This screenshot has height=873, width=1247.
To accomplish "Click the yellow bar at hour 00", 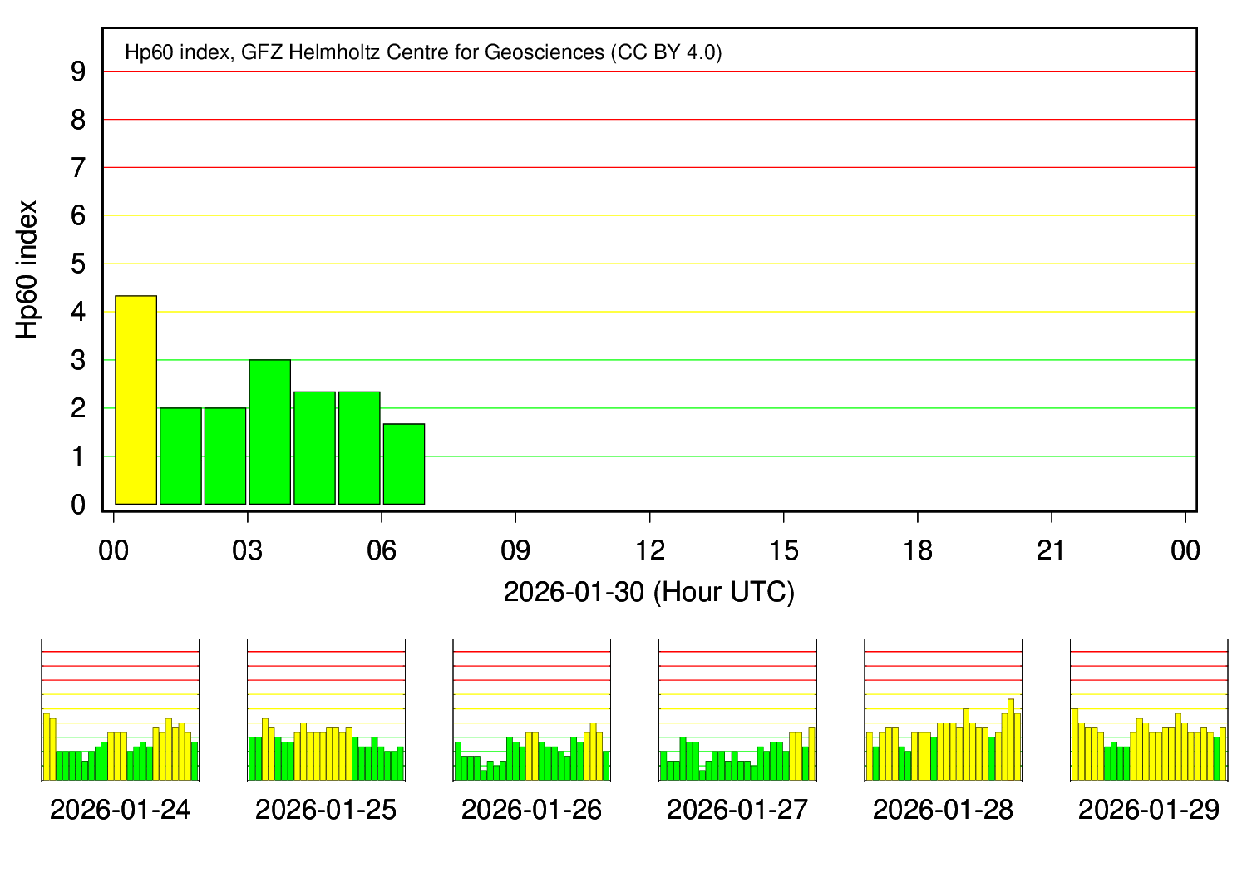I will click(x=136, y=400).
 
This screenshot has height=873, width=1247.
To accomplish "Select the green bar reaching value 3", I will click(x=270, y=432).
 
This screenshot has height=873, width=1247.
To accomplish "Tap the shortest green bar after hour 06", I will click(x=404, y=464).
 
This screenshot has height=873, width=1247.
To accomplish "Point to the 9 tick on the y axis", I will click(x=79, y=72).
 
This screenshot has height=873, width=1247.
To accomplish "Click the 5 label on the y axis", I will click(x=79, y=264).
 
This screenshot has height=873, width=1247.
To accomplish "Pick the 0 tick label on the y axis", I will click(x=79, y=505).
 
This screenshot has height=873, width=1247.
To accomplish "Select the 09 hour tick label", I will click(x=515, y=550).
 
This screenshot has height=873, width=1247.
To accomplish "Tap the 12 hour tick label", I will click(x=649, y=550).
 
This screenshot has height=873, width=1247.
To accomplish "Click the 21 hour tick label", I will click(x=1052, y=550).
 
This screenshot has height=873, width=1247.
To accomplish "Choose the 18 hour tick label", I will click(x=918, y=550).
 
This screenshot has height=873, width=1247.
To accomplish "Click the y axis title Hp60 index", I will click(x=28, y=269).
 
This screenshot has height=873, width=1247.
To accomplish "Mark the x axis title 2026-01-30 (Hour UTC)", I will click(x=649, y=592).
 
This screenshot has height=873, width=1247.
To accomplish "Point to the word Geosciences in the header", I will click(x=545, y=52).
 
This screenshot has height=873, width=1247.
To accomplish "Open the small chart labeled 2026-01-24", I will click(x=121, y=710).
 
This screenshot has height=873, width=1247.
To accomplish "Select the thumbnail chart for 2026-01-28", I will click(x=943, y=710).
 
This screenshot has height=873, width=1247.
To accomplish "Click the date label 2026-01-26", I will click(x=531, y=810).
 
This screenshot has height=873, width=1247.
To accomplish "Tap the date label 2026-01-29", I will click(x=1149, y=810).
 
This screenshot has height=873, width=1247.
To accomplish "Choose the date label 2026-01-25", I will click(x=326, y=810).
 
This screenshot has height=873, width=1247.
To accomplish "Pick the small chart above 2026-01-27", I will click(x=737, y=710).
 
